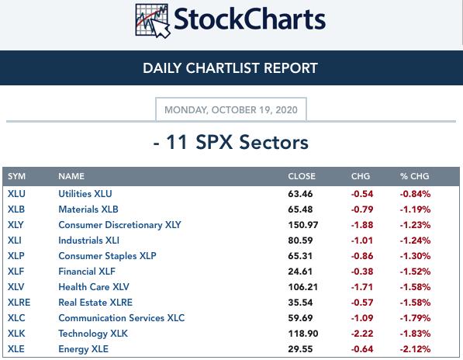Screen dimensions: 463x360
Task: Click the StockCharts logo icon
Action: [x=153, y=21]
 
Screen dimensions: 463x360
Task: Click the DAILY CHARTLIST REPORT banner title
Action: [x=230, y=68]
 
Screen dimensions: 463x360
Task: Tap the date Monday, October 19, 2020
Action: [x=231, y=110]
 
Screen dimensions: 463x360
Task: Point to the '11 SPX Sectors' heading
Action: [x=231, y=142]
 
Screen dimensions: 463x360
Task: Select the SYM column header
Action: [x=16, y=176]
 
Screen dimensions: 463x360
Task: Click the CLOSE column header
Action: [x=302, y=176]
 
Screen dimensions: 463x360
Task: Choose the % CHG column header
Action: [x=415, y=176]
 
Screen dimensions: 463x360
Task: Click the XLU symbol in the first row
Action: [x=16, y=194]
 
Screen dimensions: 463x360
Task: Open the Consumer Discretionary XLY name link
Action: [x=119, y=225]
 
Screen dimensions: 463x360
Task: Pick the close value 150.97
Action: [x=303, y=225]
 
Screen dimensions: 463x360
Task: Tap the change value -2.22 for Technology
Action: [x=362, y=334]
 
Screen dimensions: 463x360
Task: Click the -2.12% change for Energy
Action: [x=415, y=349]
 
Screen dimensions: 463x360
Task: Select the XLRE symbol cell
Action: [x=19, y=303]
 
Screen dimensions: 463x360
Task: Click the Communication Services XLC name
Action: [x=121, y=318]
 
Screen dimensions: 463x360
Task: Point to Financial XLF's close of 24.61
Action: [x=300, y=272]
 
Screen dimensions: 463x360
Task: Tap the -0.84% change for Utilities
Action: [x=415, y=194]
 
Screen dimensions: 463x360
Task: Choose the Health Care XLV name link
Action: [x=94, y=287]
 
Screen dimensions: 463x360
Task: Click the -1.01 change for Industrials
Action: [x=362, y=241]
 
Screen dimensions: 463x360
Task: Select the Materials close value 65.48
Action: [x=300, y=209]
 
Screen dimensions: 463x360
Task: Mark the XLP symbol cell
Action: [x=16, y=256]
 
